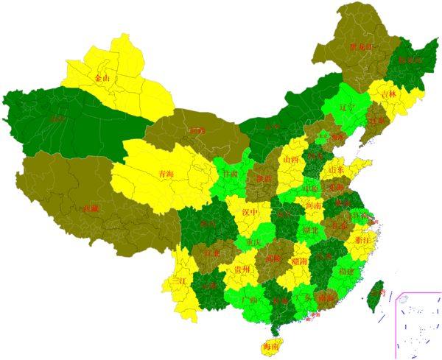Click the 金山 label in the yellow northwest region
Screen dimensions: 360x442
coord(102,77)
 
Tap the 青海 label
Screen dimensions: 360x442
coord(166,174)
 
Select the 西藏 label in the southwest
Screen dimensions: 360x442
coord(90,208)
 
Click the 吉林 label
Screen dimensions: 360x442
coord(388,94)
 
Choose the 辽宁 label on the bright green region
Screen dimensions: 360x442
coord(348,107)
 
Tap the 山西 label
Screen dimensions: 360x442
coord(291,159)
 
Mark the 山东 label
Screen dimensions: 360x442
coord(337,170)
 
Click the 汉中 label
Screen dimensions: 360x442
coord(250,212)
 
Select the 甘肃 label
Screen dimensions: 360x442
coord(230,174)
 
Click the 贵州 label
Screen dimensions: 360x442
coord(243,269)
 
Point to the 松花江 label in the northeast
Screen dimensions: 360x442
coord(410,60)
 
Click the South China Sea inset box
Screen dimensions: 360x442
coord(418,322)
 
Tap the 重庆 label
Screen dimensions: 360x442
coord(255,243)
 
